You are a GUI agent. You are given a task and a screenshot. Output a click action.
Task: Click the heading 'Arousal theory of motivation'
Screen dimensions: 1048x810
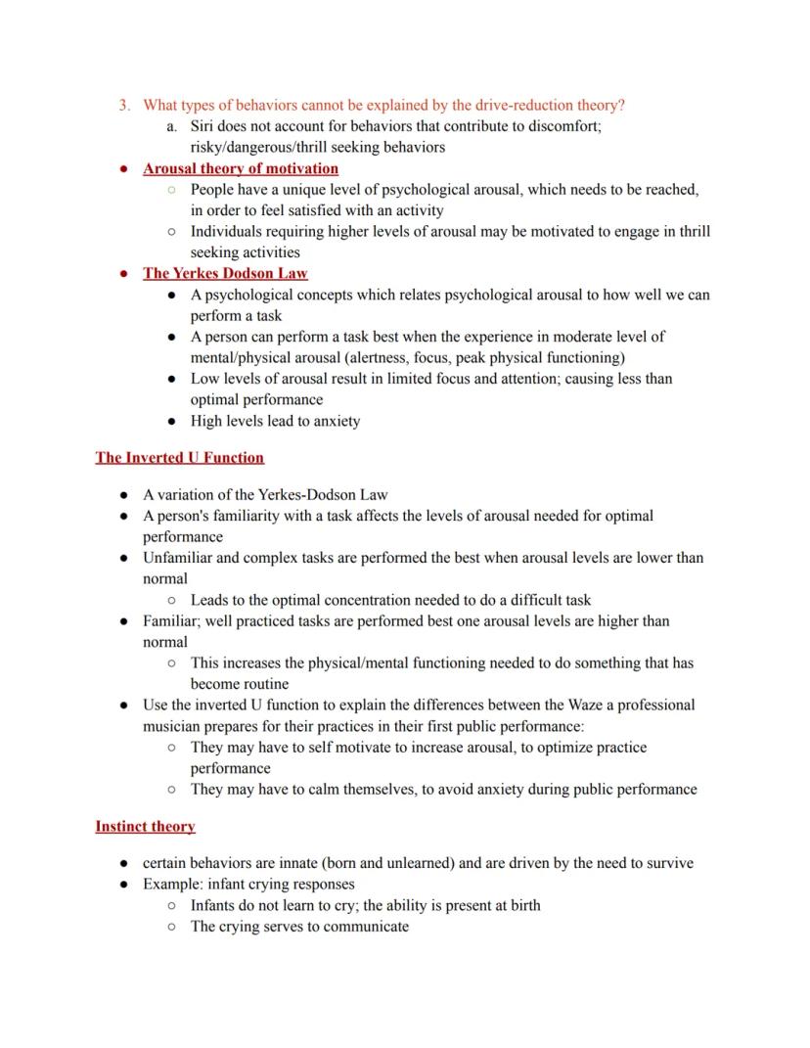click(241, 168)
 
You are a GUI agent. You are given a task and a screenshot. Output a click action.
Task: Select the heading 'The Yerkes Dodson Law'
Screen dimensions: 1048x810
click(225, 273)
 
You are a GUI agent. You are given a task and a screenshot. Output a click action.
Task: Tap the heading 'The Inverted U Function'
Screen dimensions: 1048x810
click(179, 457)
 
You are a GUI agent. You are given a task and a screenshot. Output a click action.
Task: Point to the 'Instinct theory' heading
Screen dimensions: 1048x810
click(145, 826)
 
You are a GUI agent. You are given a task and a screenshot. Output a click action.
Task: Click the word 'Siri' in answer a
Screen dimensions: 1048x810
click(203, 126)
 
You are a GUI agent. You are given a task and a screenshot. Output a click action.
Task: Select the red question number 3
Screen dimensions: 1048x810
click(124, 105)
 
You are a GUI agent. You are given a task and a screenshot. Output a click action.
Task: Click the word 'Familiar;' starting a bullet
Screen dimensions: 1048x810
click(173, 620)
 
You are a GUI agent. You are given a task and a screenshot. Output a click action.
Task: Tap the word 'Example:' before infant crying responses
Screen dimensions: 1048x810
click(173, 884)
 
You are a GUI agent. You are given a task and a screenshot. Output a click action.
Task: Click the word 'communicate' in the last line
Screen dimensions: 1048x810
click(367, 926)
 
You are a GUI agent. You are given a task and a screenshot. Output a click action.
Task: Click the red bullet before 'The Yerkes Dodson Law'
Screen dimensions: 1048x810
click(124, 273)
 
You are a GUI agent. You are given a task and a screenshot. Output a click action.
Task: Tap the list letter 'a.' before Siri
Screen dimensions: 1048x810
click(172, 126)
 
